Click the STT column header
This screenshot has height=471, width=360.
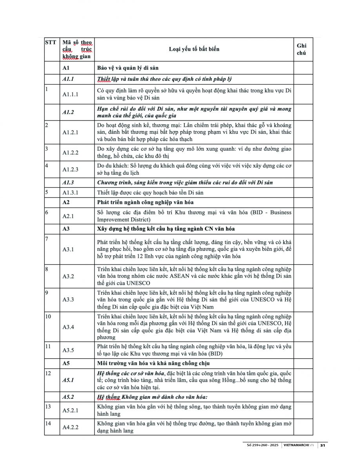(x=51, y=42)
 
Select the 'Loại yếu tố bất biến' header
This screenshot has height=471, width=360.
(x=194, y=49)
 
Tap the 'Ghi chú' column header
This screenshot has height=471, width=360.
(x=302, y=49)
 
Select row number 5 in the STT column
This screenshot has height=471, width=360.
(x=47, y=192)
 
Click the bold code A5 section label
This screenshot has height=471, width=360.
(x=66, y=363)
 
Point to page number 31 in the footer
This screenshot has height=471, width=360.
(x=323, y=445)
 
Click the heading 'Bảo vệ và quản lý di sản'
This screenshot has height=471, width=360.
(x=128, y=68)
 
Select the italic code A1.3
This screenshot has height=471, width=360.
(x=68, y=183)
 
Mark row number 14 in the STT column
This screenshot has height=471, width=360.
(x=49, y=424)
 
